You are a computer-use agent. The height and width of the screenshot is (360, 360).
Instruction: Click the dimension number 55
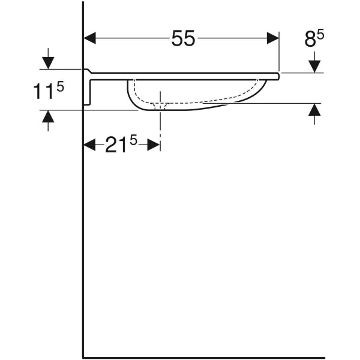pyautogui.click(x=183, y=39)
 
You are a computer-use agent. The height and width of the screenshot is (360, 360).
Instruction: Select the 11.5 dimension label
pyautogui.click(x=48, y=91)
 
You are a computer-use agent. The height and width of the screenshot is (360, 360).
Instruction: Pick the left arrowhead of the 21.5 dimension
pyautogui.click(x=89, y=145)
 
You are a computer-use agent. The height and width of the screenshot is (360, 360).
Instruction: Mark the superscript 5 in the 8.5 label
pyautogui.click(x=321, y=35)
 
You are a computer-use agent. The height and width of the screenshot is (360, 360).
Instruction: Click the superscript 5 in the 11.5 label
pyautogui.click(x=59, y=86)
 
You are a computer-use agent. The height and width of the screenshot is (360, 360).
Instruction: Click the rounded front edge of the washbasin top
pyautogui.click(x=278, y=75)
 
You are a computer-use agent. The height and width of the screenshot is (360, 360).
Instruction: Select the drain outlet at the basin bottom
pyautogui.click(x=160, y=107)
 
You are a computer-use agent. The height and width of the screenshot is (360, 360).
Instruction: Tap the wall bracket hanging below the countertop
pyautogui.click(x=88, y=90)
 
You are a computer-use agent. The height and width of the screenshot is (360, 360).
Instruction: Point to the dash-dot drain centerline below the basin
pyautogui.click(x=160, y=123)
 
